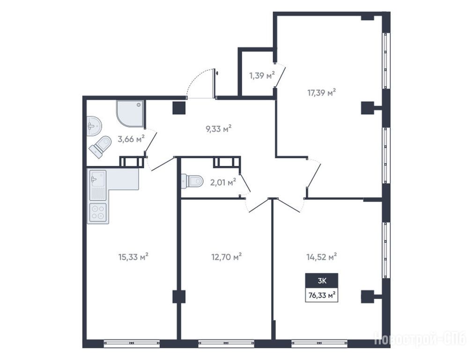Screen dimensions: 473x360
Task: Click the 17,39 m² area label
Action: pyautogui.click(x=322, y=92)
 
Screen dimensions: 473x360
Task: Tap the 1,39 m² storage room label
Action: pyautogui.click(x=262, y=75)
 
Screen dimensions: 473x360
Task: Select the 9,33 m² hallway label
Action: pyautogui.click(x=218, y=129)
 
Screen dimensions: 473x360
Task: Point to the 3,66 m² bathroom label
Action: pyautogui.click(x=131, y=139)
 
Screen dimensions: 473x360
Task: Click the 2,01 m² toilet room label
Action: pyautogui.click(x=223, y=182)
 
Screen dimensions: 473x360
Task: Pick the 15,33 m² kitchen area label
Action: pyautogui.click(x=133, y=257)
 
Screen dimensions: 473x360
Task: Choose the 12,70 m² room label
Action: pyautogui.click(x=227, y=257)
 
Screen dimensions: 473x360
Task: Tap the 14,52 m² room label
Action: pyautogui.click(x=322, y=257)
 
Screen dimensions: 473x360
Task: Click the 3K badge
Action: pyautogui.click(x=322, y=281)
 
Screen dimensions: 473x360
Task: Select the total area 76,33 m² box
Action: pyautogui.click(x=322, y=295)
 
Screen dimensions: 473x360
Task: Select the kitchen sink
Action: pyautogui.click(x=98, y=185)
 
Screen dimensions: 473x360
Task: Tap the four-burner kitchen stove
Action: pyautogui.click(x=98, y=212)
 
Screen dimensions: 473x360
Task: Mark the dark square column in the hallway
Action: pyautogui.click(x=178, y=108)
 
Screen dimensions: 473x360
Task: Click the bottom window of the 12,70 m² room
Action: pyautogui.click(x=226, y=344)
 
